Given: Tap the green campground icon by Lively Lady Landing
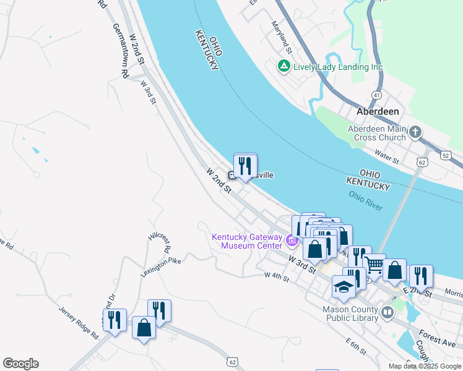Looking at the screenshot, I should [x=284, y=66].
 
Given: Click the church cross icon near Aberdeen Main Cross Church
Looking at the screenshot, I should [x=415, y=132].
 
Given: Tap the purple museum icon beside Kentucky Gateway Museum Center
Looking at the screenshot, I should [x=291, y=240].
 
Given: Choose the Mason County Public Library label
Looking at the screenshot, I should [x=350, y=313].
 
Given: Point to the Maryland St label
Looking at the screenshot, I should [x=281, y=36].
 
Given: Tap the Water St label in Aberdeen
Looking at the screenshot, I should [x=387, y=157].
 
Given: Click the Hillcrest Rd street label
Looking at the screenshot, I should [x=159, y=242].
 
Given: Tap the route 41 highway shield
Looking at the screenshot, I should [x=376, y=95].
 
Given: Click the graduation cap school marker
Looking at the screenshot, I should [x=344, y=287].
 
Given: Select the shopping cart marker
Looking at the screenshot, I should [x=374, y=265].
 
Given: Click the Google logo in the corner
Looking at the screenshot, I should [x=20, y=364].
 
